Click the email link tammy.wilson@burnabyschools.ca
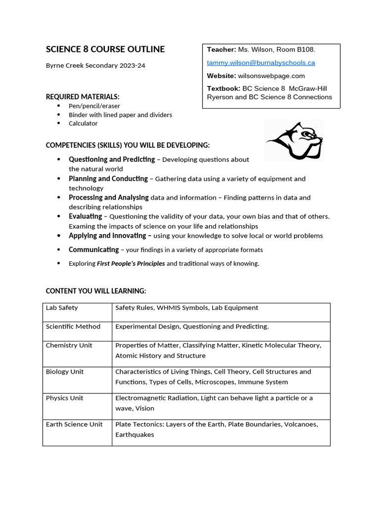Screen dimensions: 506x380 (261, 63)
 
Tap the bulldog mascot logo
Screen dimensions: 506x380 (294, 140)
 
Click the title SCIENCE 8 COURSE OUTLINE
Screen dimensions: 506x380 (105, 49)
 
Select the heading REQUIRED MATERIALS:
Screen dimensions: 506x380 (83, 97)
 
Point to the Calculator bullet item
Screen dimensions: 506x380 (83, 124)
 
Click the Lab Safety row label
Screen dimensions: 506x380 (62, 308)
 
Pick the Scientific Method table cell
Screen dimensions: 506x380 (73, 327)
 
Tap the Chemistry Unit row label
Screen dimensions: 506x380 (69, 345)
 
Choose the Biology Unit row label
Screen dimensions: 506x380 (65, 372)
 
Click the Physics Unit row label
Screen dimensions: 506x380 (65, 398)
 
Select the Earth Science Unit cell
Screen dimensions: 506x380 (74, 424)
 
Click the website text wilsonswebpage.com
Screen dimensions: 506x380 (271, 76)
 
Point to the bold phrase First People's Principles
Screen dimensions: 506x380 (131, 263)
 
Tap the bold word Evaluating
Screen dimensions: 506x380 (85, 216)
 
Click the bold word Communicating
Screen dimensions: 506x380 (94, 250)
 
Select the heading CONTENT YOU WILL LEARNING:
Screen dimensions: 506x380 (96, 291)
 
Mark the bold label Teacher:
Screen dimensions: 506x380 (221, 49)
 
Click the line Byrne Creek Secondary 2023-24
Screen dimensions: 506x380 (95, 65)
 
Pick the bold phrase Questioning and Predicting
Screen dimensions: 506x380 (112, 159)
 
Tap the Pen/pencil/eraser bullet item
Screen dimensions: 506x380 (94, 106)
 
